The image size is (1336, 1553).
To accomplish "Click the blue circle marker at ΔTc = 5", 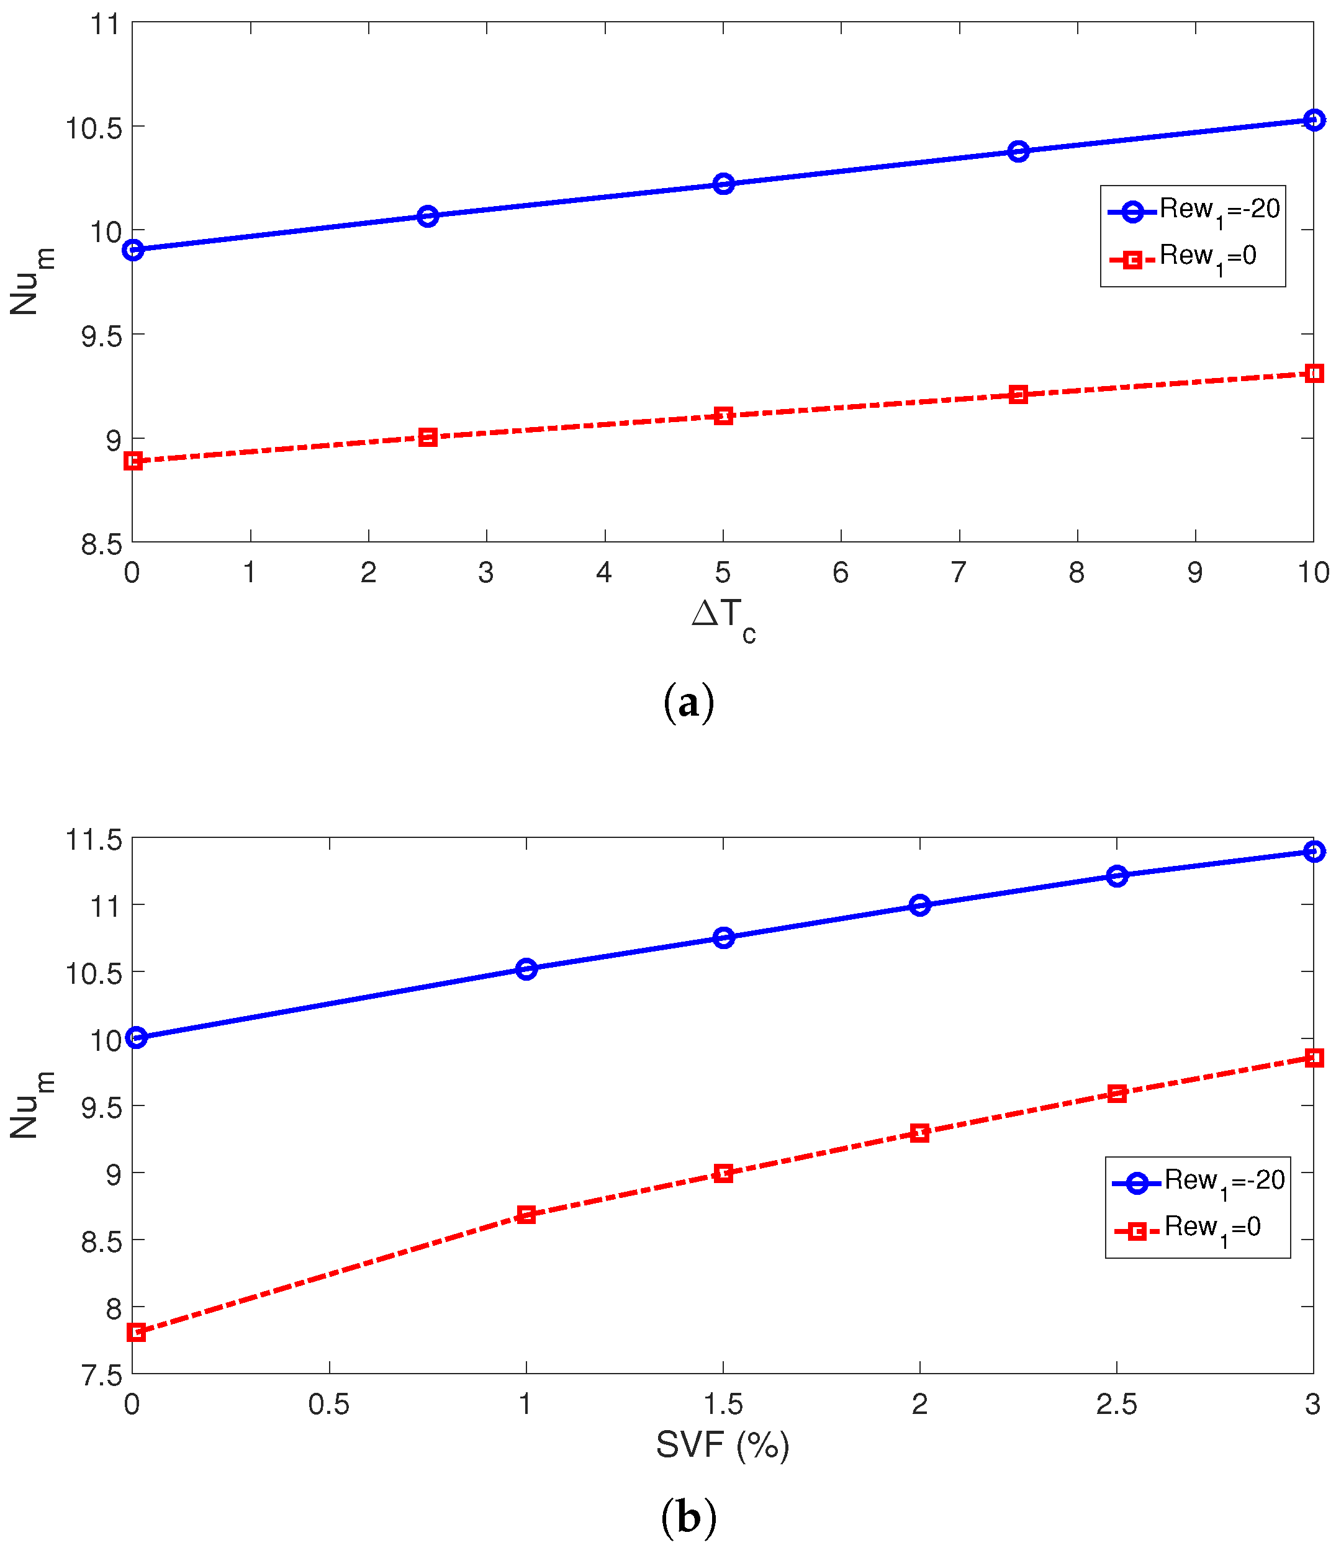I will coord(723,184).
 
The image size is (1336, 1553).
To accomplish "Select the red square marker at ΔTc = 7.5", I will coord(1018,394).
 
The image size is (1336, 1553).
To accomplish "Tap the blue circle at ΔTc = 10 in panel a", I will coord(1313,120).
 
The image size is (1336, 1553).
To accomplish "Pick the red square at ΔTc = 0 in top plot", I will coord(133,461).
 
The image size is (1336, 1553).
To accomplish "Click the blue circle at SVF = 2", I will coord(919,906).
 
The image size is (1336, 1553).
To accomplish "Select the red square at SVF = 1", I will coord(526,1215).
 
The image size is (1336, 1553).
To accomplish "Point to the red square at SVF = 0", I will coord(136,1332).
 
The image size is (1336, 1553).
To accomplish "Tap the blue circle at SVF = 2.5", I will coord(1116,875).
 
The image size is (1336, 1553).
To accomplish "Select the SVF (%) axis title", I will coord(723,1444).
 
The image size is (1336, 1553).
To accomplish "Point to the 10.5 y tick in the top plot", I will coord(94,128).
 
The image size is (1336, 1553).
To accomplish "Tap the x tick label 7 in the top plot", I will coord(958,573).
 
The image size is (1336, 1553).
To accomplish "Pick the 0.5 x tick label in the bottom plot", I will coord(328,1405).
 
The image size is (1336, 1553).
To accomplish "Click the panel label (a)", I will coord(688,702).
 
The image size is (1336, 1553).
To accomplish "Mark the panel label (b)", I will coord(688,1517).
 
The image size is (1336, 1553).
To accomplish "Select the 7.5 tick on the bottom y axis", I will coord(101,1375).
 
